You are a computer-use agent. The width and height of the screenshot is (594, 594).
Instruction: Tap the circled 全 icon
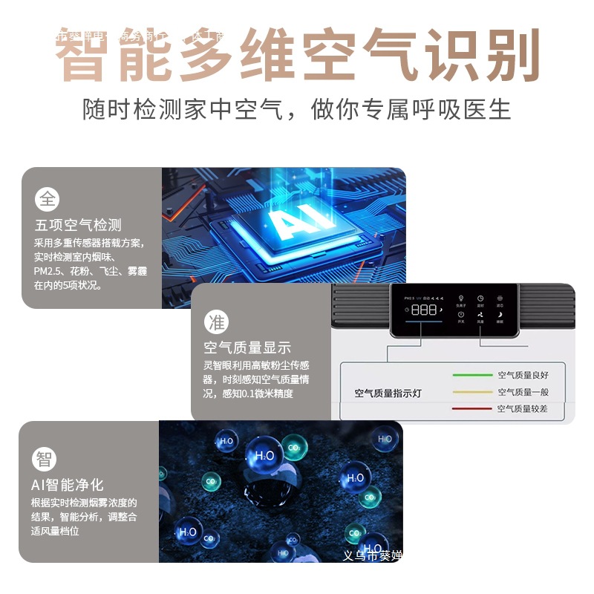[x=47, y=199]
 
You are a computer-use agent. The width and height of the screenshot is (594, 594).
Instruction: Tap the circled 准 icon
[x=216, y=322]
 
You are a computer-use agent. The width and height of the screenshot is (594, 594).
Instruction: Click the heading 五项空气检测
[x=77, y=225]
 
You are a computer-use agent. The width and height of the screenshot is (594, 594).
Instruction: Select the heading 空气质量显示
[x=247, y=347]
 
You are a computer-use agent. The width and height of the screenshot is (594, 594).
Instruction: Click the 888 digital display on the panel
[x=424, y=310]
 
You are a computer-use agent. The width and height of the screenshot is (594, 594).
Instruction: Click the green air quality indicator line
[x=472, y=375]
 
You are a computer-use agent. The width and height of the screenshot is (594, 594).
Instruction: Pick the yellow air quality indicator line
[x=472, y=392]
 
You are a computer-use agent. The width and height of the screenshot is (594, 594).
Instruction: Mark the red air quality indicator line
[x=472, y=408]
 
